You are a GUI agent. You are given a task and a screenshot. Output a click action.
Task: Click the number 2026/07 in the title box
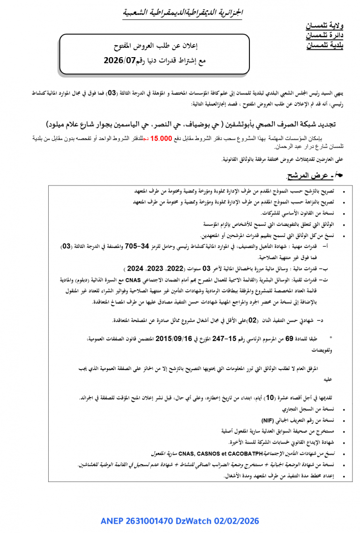120,60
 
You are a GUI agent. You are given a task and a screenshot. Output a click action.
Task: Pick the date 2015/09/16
173,338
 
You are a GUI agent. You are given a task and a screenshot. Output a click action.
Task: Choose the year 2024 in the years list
135,269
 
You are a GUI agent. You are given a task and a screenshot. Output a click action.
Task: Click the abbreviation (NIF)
268,420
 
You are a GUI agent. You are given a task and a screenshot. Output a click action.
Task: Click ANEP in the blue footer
112,521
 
